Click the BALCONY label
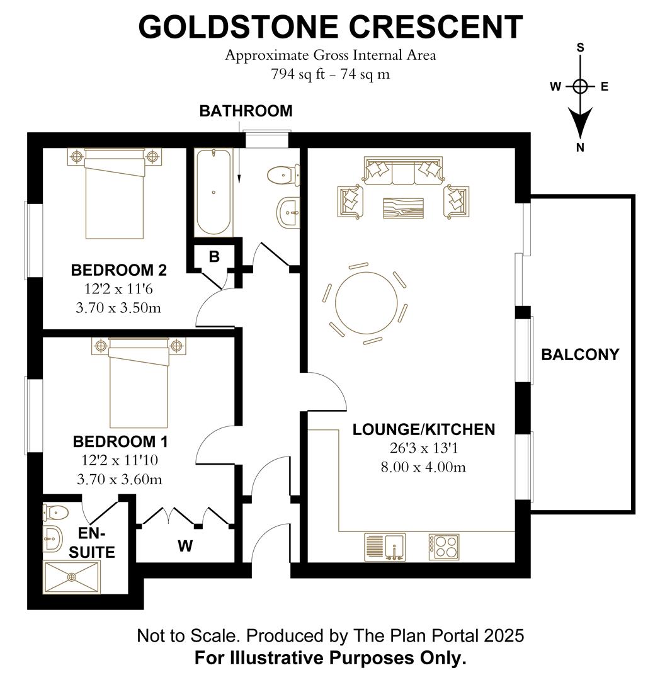(580, 354)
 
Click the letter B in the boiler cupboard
(214, 257)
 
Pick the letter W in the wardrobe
(185, 547)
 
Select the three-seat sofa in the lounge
(402, 171)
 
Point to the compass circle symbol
(580, 87)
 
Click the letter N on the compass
(580, 148)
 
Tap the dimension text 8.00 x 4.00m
(423, 467)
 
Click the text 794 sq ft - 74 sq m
(330, 74)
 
